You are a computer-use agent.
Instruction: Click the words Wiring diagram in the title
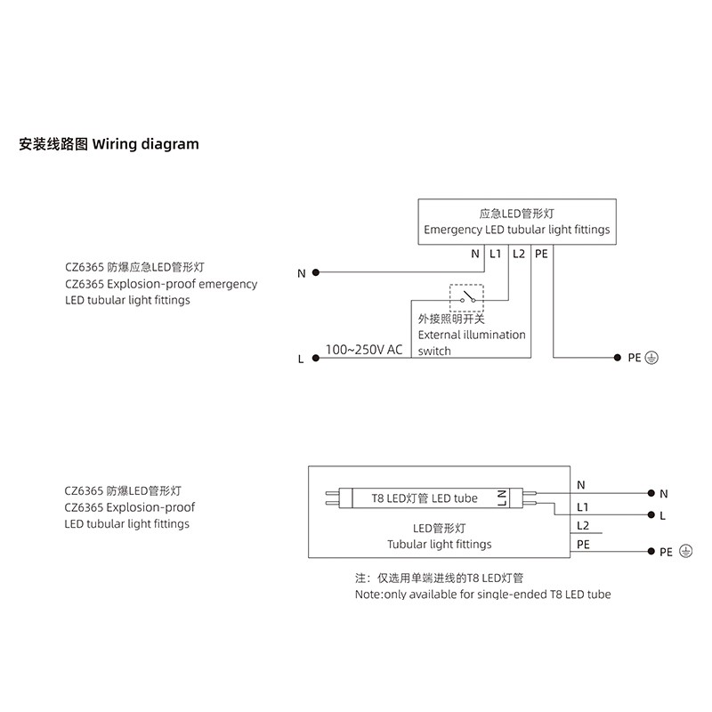[146, 143]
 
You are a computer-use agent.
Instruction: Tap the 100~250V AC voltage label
[364, 349]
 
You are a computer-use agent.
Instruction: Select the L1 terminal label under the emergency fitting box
[496, 254]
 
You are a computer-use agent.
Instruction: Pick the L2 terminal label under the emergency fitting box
[520, 254]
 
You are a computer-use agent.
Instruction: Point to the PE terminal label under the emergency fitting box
[542, 254]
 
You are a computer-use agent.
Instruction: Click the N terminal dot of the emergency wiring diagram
[317, 272]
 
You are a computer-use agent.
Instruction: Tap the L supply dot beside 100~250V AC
[317, 359]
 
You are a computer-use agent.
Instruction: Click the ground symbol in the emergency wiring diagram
[651, 358]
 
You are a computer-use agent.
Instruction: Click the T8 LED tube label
[425, 498]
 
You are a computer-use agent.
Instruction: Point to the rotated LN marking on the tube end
[502, 498]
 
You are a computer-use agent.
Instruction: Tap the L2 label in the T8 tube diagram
[583, 526]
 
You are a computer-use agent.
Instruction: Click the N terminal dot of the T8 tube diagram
[651, 492]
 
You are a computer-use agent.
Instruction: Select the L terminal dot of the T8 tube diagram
[651, 514]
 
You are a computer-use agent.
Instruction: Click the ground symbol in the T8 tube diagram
[685, 552]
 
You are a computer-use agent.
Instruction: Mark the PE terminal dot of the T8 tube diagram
[651, 552]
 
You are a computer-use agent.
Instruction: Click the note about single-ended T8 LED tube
[482, 594]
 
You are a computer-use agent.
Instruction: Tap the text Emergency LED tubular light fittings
[517, 230]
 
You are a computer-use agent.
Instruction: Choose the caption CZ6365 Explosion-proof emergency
[161, 284]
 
